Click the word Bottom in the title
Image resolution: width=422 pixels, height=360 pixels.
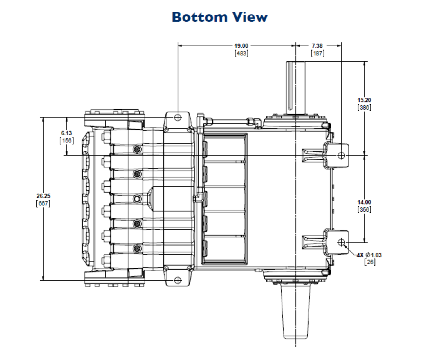(x=199, y=17)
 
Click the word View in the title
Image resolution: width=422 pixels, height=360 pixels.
(x=250, y=17)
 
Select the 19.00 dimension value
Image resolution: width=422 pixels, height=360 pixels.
(x=241, y=46)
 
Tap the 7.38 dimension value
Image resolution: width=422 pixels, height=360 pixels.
(x=317, y=46)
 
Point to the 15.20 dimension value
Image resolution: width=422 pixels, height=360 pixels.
(x=364, y=100)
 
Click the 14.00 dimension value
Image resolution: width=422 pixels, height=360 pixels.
(x=364, y=202)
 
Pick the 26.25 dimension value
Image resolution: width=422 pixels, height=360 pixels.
(x=43, y=196)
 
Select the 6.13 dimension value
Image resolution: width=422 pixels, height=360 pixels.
(x=66, y=133)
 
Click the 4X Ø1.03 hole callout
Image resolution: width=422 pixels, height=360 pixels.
(x=369, y=255)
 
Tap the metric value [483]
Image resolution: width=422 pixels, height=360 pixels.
(x=241, y=53)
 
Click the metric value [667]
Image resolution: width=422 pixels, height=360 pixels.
(x=43, y=203)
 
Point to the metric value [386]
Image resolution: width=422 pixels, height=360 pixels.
(x=364, y=107)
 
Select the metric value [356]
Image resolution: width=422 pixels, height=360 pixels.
(x=364, y=209)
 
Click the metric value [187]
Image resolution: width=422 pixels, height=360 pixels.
(x=317, y=53)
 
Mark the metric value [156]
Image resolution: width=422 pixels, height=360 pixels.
(x=66, y=140)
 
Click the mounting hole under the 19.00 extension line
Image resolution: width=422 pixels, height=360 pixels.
(x=178, y=117)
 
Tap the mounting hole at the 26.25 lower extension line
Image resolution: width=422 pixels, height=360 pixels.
(x=178, y=280)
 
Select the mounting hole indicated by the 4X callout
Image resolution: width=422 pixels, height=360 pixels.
(x=341, y=242)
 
